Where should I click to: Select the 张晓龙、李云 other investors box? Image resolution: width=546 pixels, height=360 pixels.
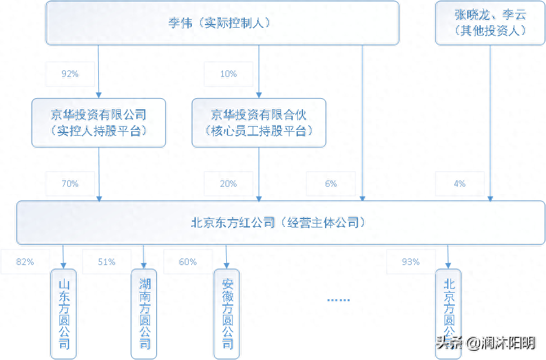[490, 23]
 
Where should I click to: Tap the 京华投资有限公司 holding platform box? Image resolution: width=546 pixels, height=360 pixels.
[99, 122]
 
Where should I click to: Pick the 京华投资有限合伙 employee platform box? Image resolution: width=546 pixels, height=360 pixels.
[258, 122]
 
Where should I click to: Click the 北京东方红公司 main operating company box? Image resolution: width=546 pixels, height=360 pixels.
[280, 223]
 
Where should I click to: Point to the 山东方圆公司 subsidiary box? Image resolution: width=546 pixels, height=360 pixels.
[63, 313]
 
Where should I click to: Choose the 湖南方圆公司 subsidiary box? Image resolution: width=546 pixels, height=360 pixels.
[144, 313]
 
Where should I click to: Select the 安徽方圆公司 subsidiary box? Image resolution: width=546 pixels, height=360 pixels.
[227, 313]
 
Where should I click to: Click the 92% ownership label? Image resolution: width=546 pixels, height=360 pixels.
[70, 74]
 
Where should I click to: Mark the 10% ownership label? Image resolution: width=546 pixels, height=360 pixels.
[228, 74]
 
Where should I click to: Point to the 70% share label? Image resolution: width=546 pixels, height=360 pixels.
[70, 184]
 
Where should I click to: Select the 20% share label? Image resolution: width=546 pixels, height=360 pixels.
[228, 184]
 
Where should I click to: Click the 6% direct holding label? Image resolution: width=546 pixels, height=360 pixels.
[331, 184]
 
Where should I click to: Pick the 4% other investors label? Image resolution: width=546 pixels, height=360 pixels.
[459, 184]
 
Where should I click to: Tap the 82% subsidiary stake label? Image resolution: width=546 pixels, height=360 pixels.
[25, 262]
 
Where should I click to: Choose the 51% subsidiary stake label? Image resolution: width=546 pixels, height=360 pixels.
[107, 262]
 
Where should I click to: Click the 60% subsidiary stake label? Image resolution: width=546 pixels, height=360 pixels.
[188, 262]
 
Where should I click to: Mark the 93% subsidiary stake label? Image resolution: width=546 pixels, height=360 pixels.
[411, 262]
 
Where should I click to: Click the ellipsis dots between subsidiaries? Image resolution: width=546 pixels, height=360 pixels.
[338, 300]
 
